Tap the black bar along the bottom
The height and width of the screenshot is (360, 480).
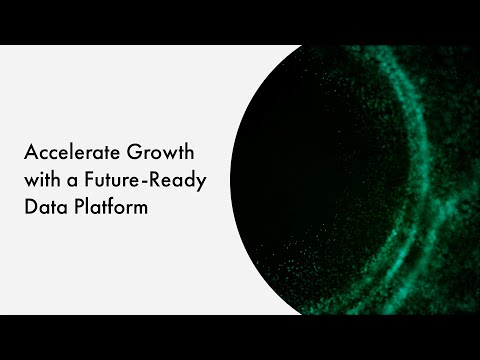pos(240,337)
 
